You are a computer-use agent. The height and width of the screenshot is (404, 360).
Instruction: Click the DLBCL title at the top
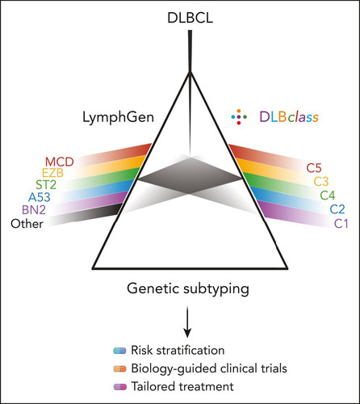coord(190,18)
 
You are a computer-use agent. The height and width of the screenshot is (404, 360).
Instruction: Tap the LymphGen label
coord(118,117)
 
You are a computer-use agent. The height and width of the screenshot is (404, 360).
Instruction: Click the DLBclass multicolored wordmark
coord(289,117)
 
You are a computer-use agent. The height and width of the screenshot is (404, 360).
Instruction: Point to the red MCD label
coord(60,162)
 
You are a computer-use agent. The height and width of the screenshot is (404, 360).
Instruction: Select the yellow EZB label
coord(52,173)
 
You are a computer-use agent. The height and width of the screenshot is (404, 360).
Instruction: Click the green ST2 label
coord(46,185)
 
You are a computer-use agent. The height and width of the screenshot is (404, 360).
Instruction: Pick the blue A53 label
coord(40,197)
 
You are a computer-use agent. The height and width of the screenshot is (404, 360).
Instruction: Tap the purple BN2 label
coord(34,210)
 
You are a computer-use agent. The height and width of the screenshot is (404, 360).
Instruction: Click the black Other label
coord(27,224)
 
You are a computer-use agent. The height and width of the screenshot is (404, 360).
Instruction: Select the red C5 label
coord(314,168)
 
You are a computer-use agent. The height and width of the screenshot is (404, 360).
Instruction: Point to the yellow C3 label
coord(321,182)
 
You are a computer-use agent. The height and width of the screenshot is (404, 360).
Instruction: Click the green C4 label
coord(328,196)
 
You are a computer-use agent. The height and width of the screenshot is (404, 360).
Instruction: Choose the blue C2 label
coord(337,209)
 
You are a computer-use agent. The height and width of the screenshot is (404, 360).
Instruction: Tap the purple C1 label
coord(341,224)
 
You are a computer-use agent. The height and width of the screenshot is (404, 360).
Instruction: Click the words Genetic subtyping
coord(188,289)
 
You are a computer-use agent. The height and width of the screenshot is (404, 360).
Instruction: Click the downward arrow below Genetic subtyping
coord(187,322)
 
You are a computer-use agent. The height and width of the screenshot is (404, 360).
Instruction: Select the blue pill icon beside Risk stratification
coord(119,351)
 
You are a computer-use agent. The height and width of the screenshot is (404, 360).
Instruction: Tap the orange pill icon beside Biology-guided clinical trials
coord(119,368)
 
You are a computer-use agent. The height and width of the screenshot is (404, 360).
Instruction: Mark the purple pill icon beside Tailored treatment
coord(119,387)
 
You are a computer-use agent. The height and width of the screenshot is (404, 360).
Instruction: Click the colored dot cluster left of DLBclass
coord(239,117)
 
